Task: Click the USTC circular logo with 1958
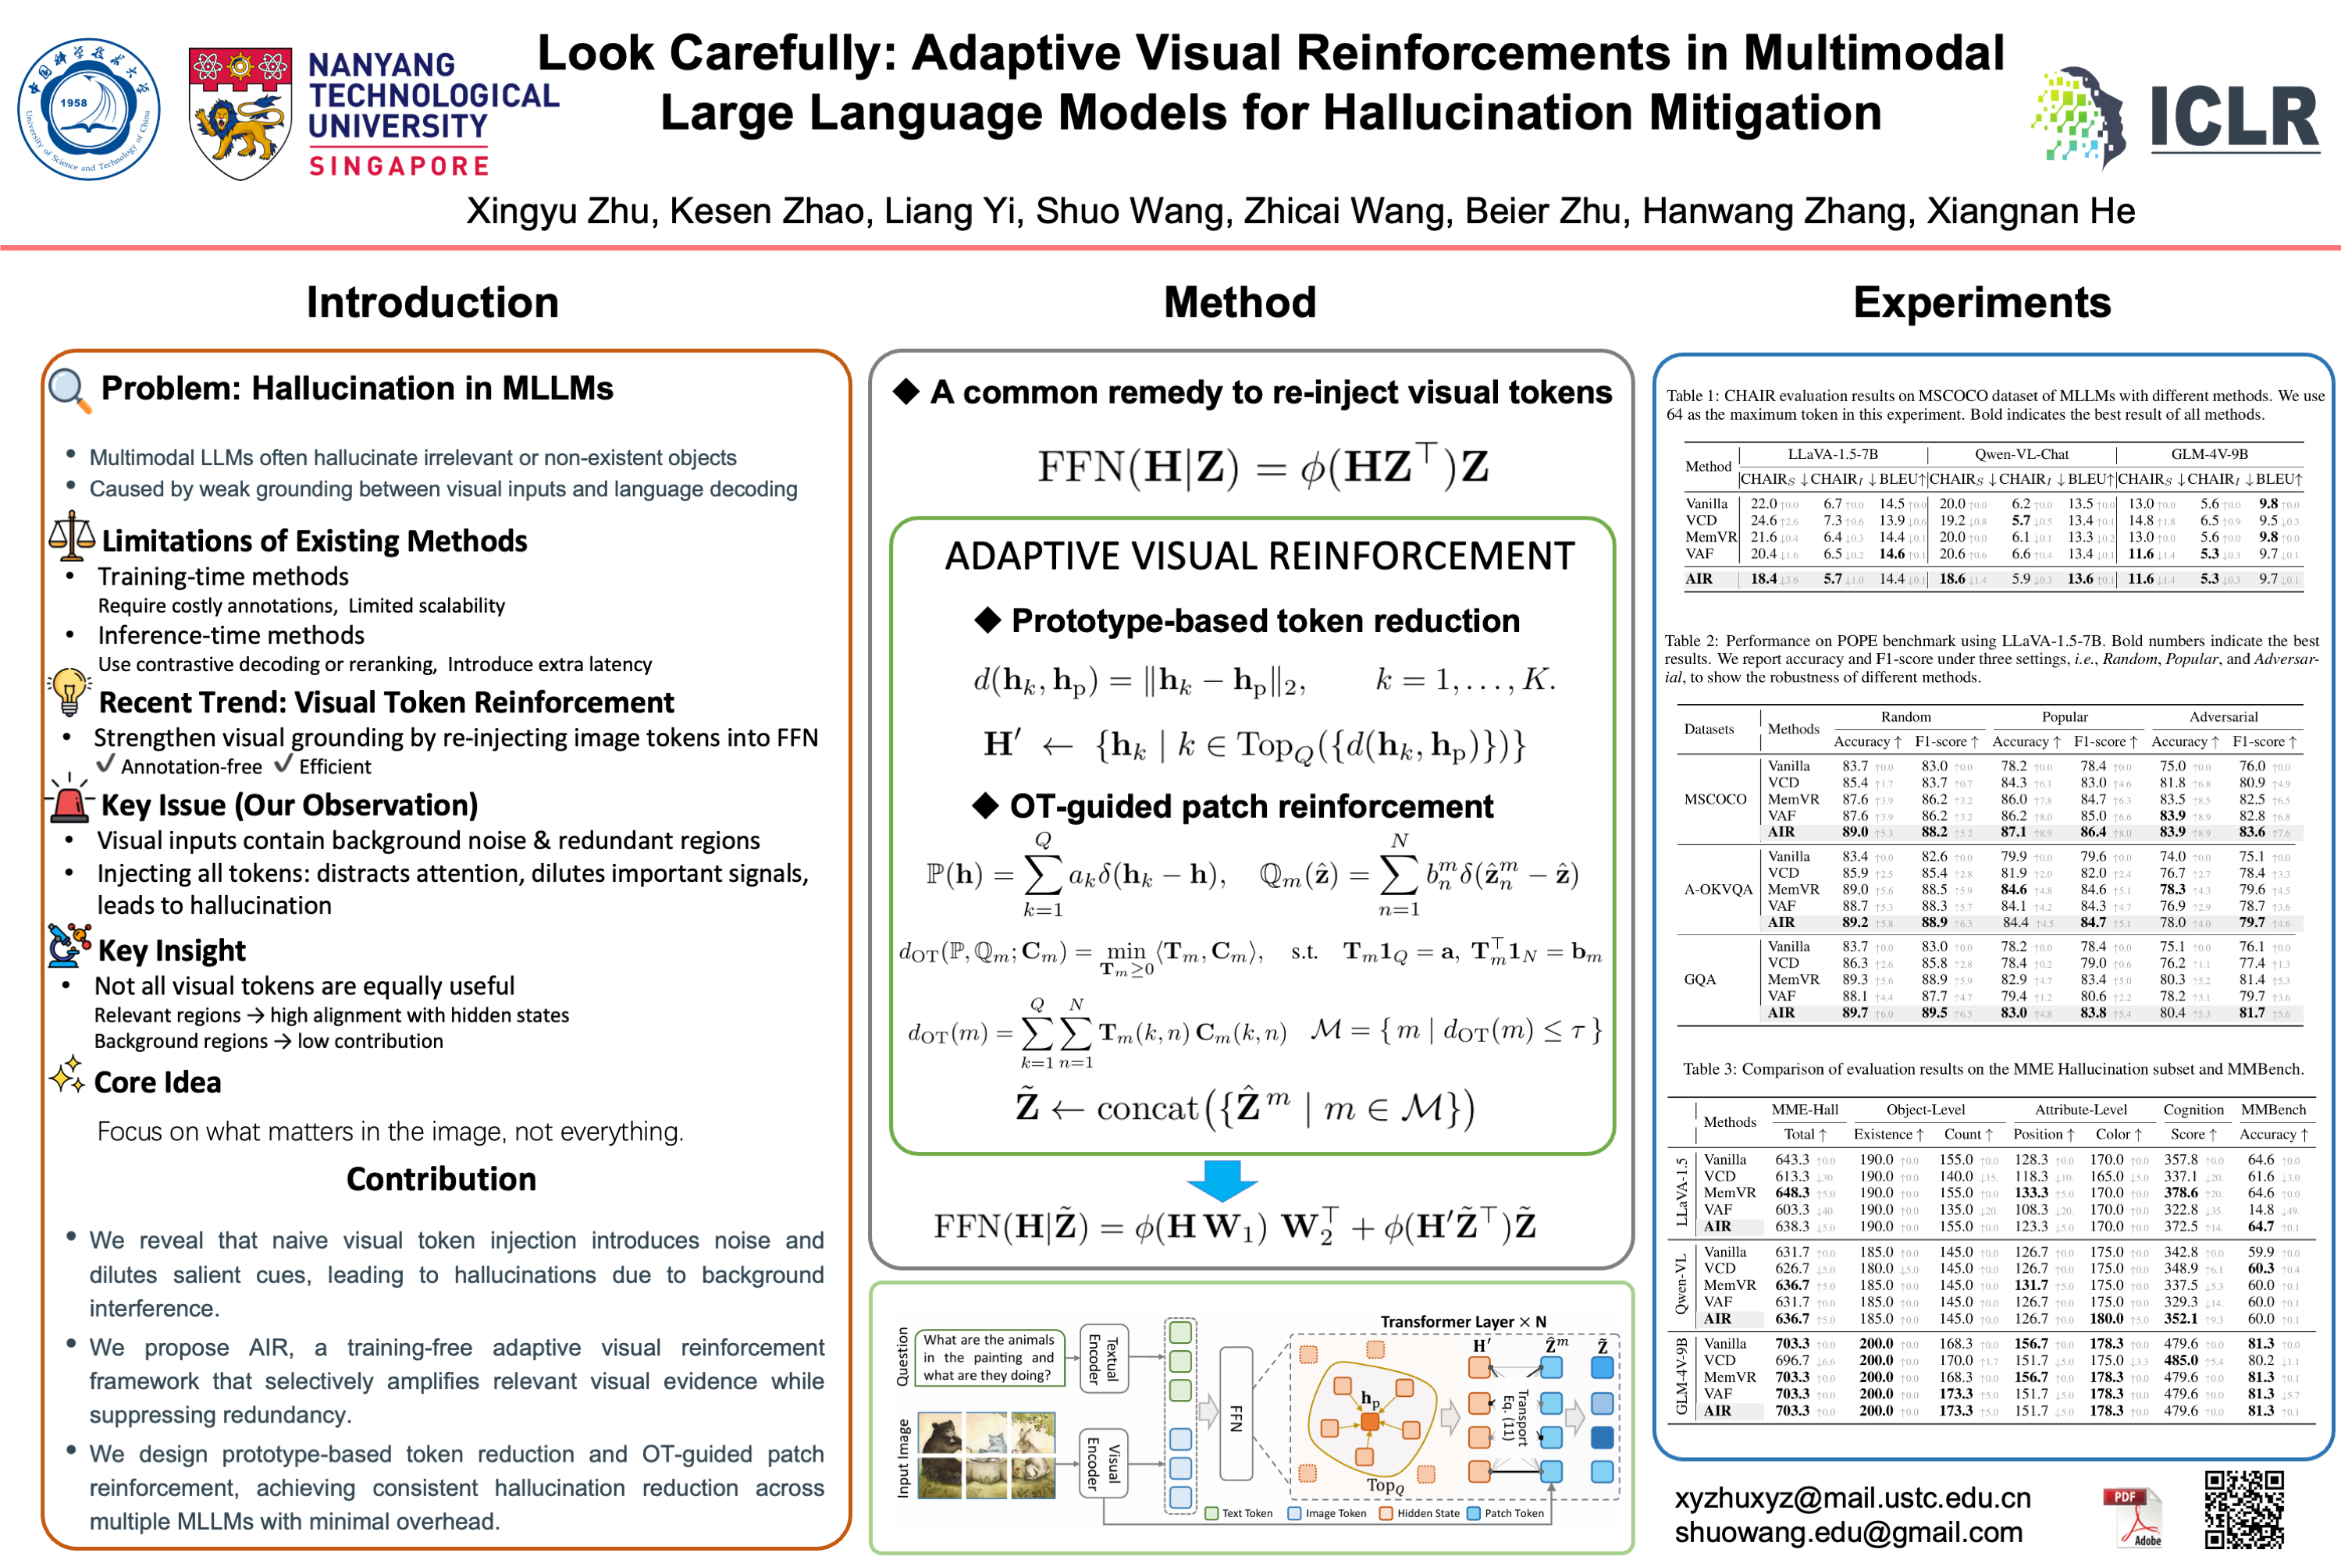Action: (x=87, y=108)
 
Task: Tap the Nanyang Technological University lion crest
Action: (x=240, y=113)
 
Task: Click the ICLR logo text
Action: (x=2233, y=119)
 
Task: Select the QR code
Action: (x=2243, y=1508)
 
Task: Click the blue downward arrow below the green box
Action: (x=1222, y=1180)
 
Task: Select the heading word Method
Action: (x=1240, y=303)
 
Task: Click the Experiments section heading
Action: (x=1981, y=303)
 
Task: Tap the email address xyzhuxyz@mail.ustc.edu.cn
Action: (x=1852, y=1498)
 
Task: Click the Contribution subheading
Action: (x=441, y=1179)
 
